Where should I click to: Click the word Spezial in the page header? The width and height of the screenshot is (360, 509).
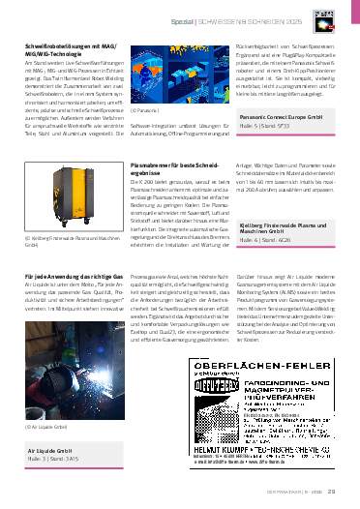click(225, 19)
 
